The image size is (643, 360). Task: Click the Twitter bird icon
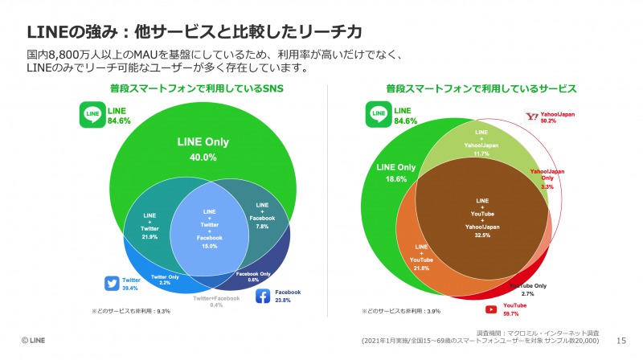112,283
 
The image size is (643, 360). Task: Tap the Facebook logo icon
262,297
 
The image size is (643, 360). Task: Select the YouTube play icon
489,309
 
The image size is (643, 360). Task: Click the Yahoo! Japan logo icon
531,117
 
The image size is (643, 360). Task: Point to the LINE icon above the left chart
93,116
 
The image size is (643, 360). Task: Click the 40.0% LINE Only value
203,157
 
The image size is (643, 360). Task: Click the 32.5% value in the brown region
482,236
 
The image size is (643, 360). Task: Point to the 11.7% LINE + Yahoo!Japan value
481,153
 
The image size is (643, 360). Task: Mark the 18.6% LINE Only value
395,180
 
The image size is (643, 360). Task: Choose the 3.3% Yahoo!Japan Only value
547,186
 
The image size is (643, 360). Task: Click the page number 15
620,340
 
